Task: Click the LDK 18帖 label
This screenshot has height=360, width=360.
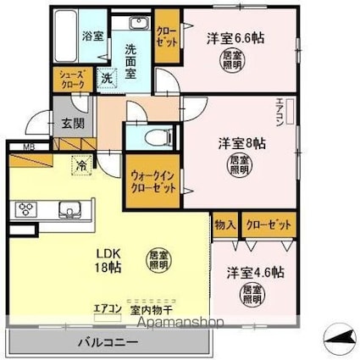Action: (x=107, y=259)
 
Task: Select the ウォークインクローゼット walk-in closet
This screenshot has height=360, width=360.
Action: (x=153, y=181)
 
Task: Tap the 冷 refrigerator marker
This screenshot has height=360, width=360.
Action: (x=80, y=164)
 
